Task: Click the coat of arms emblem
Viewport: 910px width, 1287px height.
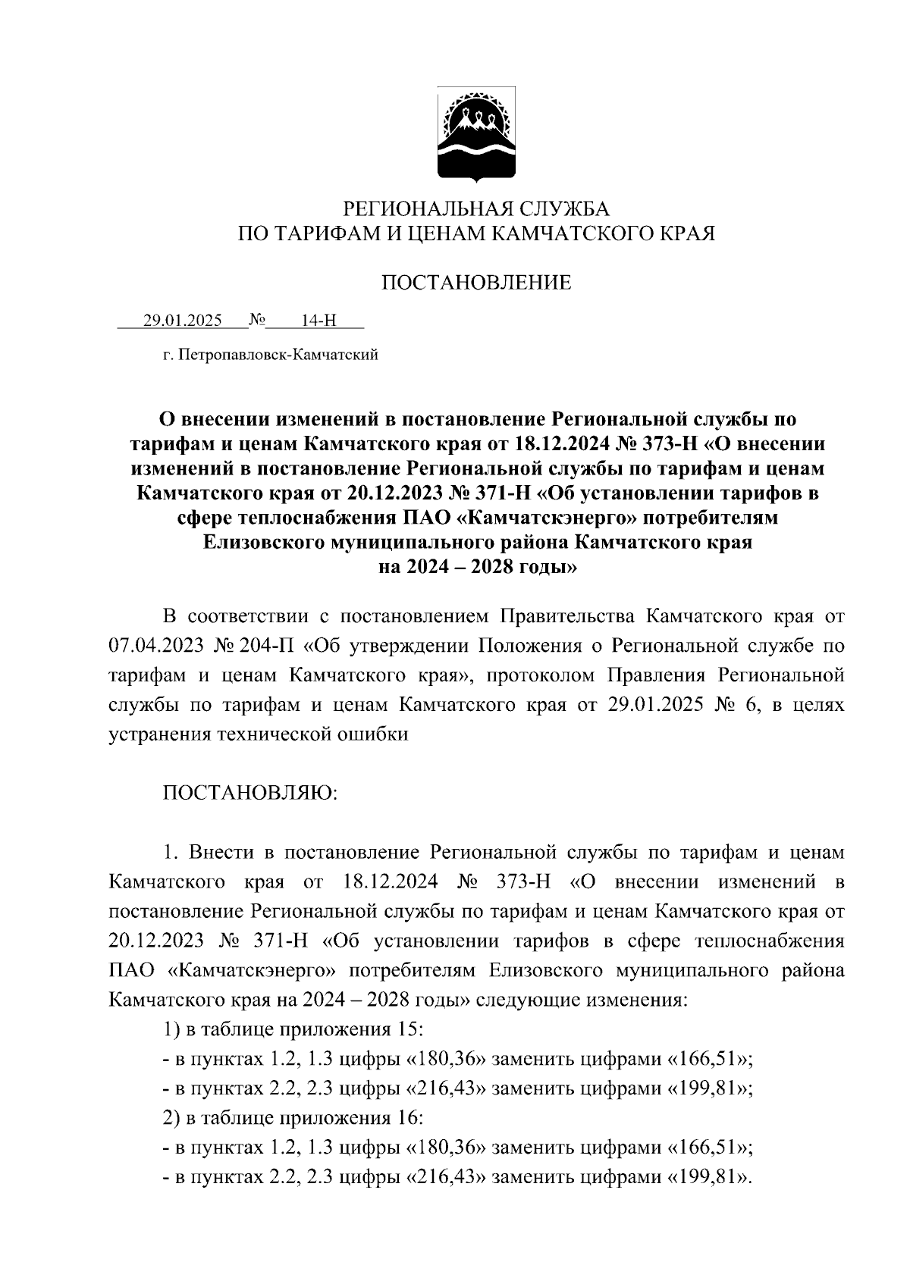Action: (x=476, y=136)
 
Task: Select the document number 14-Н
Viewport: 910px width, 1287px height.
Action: (x=318, y=321)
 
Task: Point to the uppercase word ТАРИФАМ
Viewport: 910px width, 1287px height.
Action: (x=325, y=233)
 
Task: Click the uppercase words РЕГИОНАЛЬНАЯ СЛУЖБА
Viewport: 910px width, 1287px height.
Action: (x=477, y=208)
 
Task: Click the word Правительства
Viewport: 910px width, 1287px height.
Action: (x=543, y=616)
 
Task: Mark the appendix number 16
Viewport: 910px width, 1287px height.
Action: (x=409, y=1118)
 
